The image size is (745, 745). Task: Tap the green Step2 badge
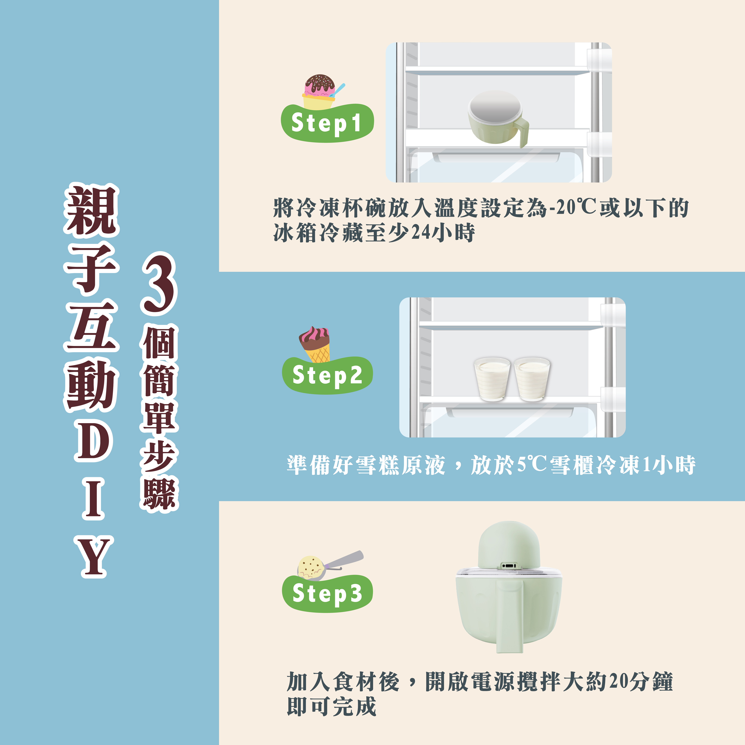click(x=327, y=375)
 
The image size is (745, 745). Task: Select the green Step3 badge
click(x=327, y=593)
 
